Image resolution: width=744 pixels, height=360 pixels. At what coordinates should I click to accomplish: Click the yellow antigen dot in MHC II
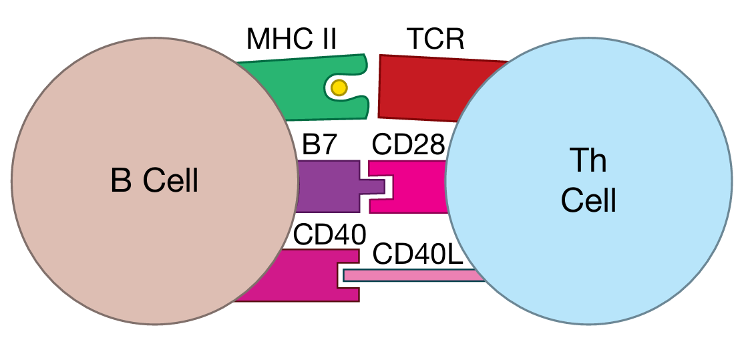(x=339, y=87)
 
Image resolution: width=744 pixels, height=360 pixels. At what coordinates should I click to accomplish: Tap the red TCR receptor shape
(x=427, y=87)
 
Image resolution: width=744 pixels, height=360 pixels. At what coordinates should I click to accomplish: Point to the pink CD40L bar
(x=414, y=275)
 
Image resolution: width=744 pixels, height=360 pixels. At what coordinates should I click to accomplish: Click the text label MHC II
(x=291, y=39)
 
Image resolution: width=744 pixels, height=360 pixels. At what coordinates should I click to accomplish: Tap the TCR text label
(x=435, y=39)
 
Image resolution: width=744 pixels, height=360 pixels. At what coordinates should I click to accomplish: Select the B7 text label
(x=321, y=145)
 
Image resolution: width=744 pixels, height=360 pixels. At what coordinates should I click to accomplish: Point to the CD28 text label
(x=409, y=145)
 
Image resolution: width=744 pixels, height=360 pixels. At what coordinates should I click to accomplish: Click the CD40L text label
(x=418, y=254)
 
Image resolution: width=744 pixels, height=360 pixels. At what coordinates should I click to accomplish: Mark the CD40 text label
(x=330, y=234)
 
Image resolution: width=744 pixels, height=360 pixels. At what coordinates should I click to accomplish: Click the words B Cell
(x=154, y=180)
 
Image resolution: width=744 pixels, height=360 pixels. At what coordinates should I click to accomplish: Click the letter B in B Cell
(x=120, y=180)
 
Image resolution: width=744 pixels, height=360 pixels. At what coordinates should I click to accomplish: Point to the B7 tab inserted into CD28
(x=373, y=186)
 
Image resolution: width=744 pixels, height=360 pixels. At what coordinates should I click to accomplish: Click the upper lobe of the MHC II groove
(x=354, y=65)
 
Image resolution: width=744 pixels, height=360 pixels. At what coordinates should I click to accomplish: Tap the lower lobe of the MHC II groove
(x=354, y=107)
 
